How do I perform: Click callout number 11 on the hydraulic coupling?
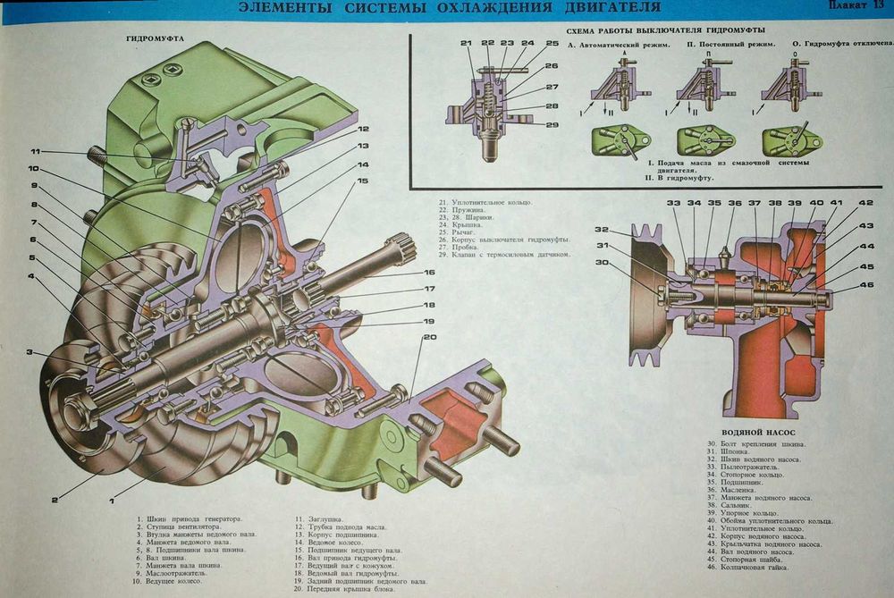point(36,151)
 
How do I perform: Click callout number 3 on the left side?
point(30,352)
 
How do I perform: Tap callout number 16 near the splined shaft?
point(429,272)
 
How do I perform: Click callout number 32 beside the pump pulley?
point(602,229)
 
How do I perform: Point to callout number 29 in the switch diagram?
point(552,124)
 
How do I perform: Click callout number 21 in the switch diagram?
point(466,43)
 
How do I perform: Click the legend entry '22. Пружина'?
point(464,210)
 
